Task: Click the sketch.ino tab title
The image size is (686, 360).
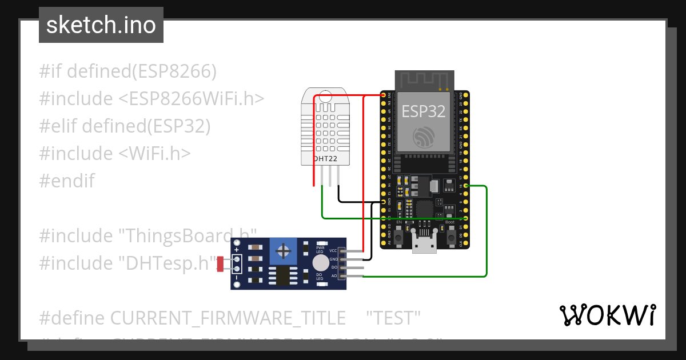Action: [101, 25]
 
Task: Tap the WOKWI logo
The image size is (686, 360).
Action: [607, 315]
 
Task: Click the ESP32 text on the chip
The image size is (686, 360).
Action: [424, 111]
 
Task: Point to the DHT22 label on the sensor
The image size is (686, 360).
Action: [324, 158]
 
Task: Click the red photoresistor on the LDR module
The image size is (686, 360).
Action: [220, 264]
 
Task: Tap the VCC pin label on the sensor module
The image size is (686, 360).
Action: [333, 251]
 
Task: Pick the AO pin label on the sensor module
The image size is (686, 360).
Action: [334, 276]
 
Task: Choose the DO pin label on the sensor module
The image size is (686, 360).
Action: [334, 267]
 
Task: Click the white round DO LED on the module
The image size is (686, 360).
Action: [321, 263]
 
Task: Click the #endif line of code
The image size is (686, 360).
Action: [67, 181]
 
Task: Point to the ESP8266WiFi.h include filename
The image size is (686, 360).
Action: [192, 99]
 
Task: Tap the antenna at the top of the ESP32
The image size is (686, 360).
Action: [424, 81]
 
